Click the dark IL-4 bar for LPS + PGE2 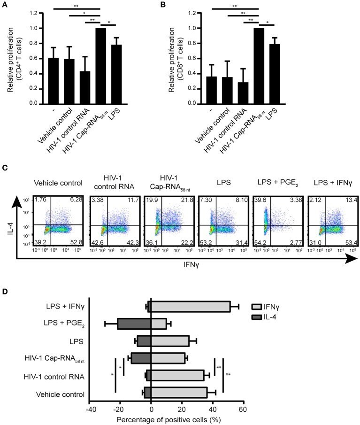click(x=134, y=324)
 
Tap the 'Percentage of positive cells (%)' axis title click(x=166, y=418)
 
